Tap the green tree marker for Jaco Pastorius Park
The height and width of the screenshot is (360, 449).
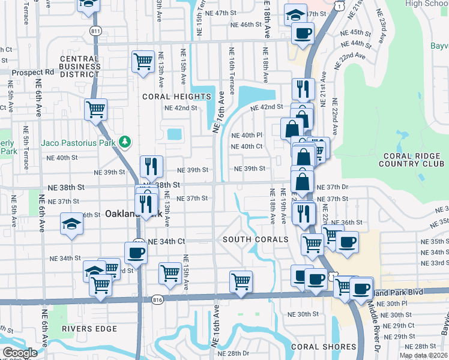[124, 142]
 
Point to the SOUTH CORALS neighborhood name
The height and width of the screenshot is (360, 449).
[256, 239]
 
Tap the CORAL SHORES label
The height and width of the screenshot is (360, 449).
[324, 347]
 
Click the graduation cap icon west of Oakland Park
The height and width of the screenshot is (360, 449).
[71, 224]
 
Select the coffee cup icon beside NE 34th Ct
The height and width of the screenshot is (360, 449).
[136, 253]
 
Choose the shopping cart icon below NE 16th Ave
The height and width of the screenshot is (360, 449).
[241, 281]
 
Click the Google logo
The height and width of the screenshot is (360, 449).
[20, 353]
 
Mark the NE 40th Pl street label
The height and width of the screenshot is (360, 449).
[247, 135]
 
